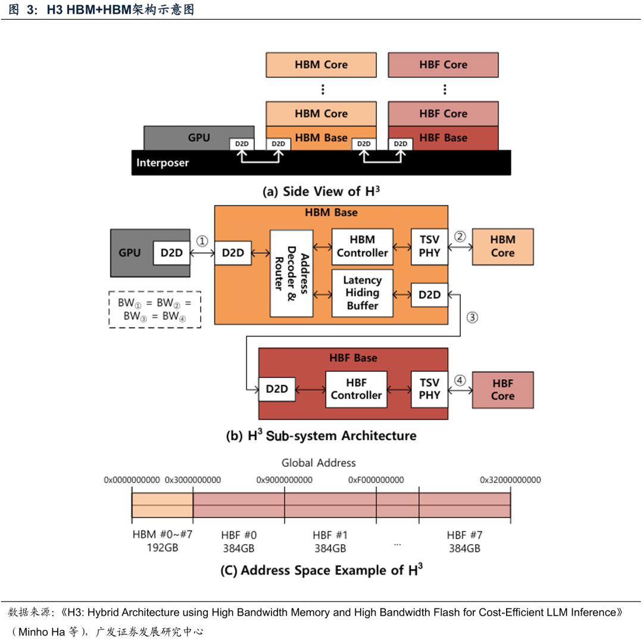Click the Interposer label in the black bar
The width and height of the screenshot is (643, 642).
click(x=163, y=163)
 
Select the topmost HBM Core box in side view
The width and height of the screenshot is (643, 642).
click(x=321, y=64)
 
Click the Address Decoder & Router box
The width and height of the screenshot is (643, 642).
click(x=291, y=273)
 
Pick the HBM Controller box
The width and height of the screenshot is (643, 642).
click(x=362, y=246)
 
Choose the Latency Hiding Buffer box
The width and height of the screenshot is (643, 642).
click(x=362, y=293)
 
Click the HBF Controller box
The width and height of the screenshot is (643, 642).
click(x=356, y=389)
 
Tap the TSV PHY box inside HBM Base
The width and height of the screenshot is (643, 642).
click(x=429, y=246)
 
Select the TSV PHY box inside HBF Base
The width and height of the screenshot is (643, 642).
click(x=429, y=389)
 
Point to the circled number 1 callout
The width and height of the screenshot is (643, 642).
click(x=202, y=241)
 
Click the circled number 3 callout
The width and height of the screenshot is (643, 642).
click(x=472, y=317)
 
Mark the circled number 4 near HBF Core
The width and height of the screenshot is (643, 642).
click(x=460, y=380)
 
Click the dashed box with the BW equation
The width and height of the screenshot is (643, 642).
click(x=155, y=309)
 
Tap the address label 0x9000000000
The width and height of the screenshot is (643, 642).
click(x=285, y=479)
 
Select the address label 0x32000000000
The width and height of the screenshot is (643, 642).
click(x=510, y=479)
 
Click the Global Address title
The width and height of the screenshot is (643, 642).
click(x=319, y=463)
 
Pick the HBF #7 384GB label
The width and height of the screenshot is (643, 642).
click(x=464, y=541)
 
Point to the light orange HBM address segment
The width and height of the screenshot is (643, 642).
click(x=162, y=504)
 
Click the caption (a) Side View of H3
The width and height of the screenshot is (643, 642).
click(x=321, y=191)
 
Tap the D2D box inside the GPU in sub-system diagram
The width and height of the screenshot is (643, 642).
click(x=171, y=253)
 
